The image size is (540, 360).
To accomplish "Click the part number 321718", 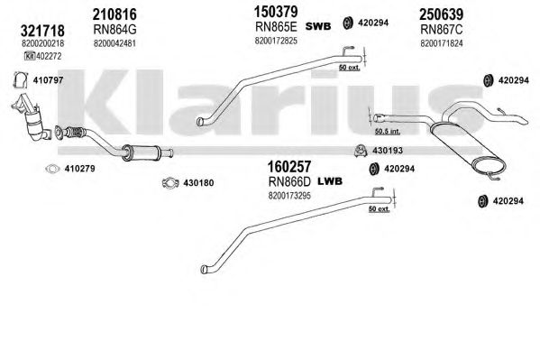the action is point(42,31).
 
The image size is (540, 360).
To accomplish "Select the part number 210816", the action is point(114,14).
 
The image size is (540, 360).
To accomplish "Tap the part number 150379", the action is point(276,12).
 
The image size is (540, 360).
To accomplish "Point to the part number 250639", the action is point(441,14).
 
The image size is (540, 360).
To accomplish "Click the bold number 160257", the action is point(289,167).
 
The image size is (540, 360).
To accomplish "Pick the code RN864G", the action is point(114,30).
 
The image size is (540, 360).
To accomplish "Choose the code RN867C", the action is point(442,30).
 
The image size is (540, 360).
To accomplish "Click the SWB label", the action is point(318,26).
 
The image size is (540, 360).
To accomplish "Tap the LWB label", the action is point(330,181).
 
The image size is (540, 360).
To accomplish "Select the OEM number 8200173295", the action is point(289,196).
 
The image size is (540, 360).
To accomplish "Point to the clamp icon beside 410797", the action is point(21,80).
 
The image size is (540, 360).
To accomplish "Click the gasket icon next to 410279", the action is point(52,169).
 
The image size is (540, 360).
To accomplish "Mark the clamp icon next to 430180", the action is point(170,183).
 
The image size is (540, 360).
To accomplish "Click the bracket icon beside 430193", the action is point(361,151).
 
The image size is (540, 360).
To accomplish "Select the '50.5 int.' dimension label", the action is point(388,131).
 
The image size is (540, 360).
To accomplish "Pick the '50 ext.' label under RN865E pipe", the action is point(349,68).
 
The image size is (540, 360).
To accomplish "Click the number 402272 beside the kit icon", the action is point(49,56).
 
